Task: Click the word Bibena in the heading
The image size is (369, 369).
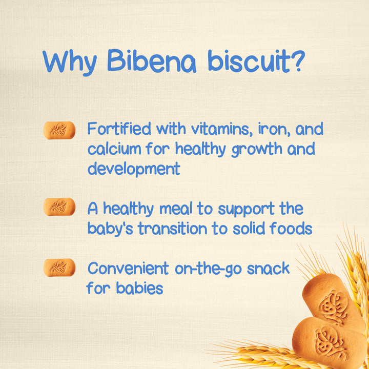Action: (154, 62)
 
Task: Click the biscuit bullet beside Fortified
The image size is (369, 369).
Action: (59, 130)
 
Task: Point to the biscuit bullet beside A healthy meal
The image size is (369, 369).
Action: (59, 207)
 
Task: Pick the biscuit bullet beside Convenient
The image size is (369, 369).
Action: (59, 268)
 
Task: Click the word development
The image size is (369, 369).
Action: (134, 169)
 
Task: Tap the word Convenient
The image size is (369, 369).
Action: (128, 268)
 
